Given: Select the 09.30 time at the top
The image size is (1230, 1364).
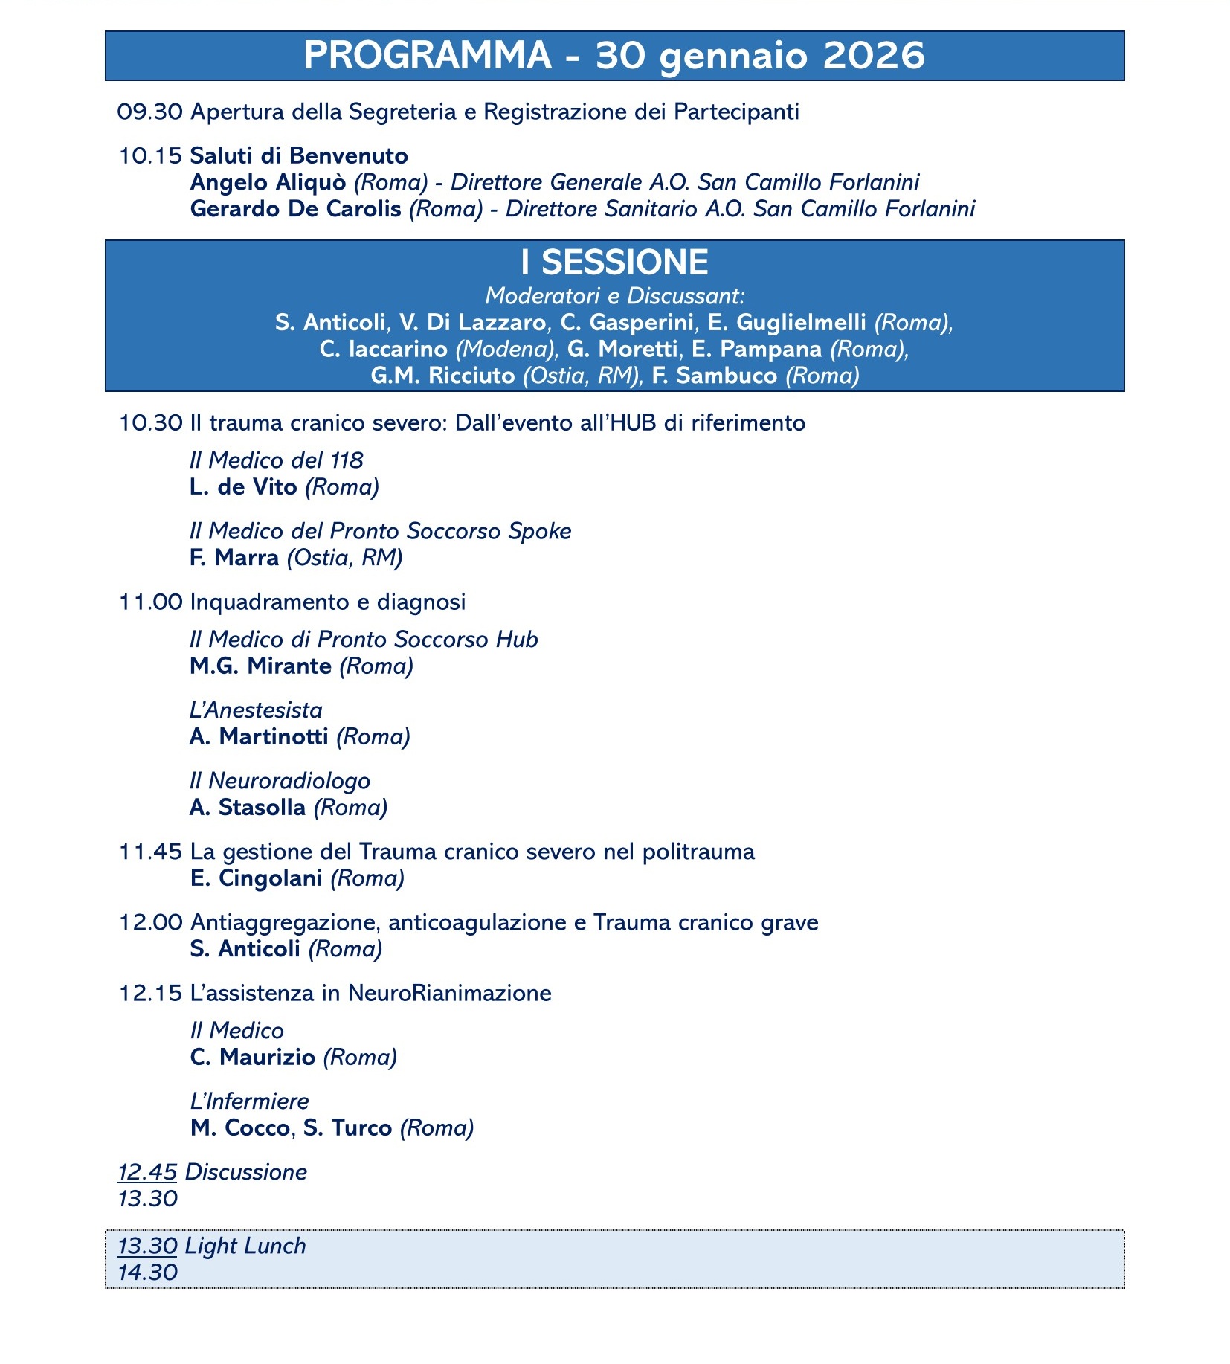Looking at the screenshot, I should point(149,112).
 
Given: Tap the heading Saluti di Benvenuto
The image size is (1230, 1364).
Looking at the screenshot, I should point(299,155).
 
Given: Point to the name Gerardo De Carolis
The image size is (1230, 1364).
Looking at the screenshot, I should point(295,209).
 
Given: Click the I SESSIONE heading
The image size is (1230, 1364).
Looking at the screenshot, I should point(614,263).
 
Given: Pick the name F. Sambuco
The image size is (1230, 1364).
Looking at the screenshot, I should point(715,376).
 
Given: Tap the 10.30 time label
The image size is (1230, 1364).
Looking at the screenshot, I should point(150,423).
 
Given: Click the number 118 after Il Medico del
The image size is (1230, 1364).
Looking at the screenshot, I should point(347,460).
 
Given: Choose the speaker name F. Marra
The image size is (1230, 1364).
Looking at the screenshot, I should point(234,558).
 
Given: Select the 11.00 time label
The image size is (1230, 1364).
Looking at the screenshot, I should point(150,602).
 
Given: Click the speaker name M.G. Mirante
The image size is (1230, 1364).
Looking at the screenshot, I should point(260,666).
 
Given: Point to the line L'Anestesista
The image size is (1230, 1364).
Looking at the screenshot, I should point(256,710).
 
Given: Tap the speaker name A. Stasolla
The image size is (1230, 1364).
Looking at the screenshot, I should point(248,808).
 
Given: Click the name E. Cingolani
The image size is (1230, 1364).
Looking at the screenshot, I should point(257,878).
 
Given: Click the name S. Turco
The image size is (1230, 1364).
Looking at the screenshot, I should point(347,1128).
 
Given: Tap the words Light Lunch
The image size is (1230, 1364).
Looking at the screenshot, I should point(245,1246).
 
